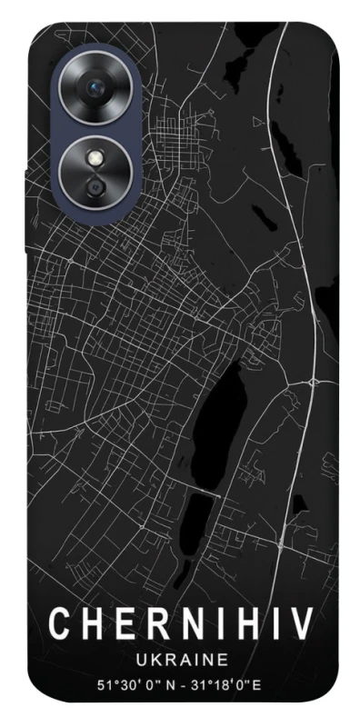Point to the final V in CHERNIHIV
[303, 625]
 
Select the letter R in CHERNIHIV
[152, 625]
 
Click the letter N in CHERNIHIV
[185, 625]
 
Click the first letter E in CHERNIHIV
[121, 625]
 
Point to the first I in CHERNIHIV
[214, 625]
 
